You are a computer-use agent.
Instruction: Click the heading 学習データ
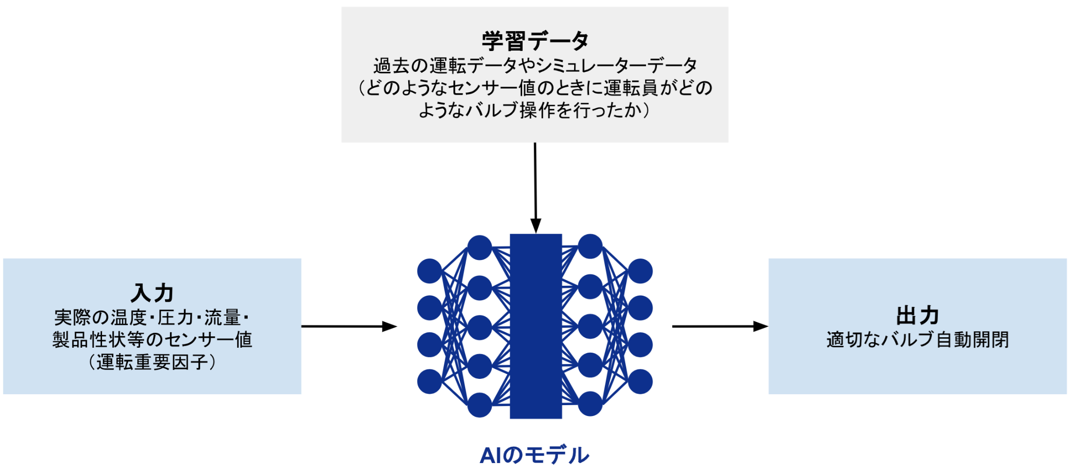pyautogui.click(x=535, y=41)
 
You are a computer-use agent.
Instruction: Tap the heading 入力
pyautogui.click(x=152, y=293)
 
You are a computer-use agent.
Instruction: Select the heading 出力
pyautogui.click(x=917, y=315)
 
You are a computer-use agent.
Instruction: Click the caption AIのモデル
pyautogui.click(x=535, y=455)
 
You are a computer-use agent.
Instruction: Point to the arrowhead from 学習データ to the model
pyautogui.click(x=535, y=226)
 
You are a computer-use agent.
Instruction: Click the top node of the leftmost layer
pyautogui.click(x=429, y=271)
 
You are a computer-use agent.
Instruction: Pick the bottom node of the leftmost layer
pyautogui.click(x=429, y=381)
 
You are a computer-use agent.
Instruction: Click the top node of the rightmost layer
pyautogui.click(x=640, y=271)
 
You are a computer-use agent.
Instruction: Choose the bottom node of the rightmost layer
pyautogui.click(x=640, y=381)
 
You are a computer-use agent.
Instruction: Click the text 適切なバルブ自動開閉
pyautogui.click(x=917, y=340)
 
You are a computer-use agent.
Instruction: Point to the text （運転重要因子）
pyautogui.click(x=152, y=362)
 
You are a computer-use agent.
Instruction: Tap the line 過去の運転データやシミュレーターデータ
pyautogui.click(x=535, y=65)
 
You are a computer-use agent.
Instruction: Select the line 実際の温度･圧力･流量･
pyautogui.click(x=152, y=317)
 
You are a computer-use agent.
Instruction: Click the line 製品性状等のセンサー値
pyautogui.click(x=152, y=340)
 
